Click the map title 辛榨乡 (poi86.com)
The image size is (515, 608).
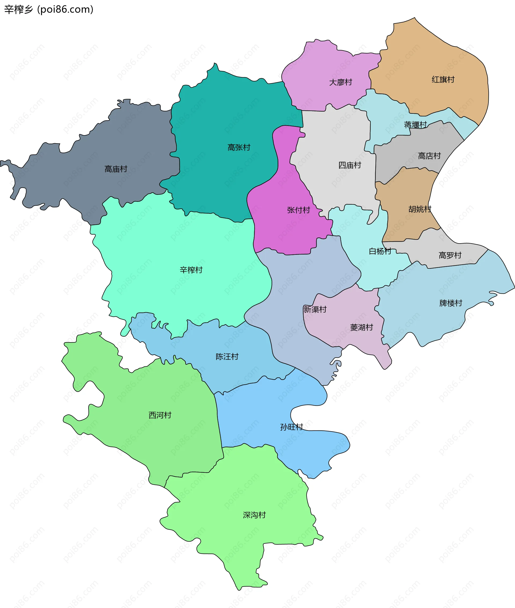click(49, 9)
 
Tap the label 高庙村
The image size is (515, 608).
click(116, 169)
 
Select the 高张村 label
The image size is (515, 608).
click(239, 148)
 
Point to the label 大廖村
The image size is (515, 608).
click(340, 82)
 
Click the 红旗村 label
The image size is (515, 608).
click(443, 79)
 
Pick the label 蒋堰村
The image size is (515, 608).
click(415, 125)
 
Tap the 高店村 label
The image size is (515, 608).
click(429, 156)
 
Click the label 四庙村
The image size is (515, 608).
click(350, 165)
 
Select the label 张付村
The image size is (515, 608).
click(298, 210)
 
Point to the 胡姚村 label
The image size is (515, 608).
click(420, 209)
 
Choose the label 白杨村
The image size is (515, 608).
click(380, 251)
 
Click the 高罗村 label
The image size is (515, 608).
click(450, 255)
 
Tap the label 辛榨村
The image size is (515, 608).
click(191, 270)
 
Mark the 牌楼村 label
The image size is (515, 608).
click(451, 303)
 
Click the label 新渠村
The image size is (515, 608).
click(315, 309)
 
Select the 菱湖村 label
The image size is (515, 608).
click(361, 327)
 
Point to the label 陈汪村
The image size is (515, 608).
click(227, 357)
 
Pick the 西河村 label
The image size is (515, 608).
click(160, 415)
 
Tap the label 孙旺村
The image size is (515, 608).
click(291, 427)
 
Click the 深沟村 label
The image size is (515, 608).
click(254, 515)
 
